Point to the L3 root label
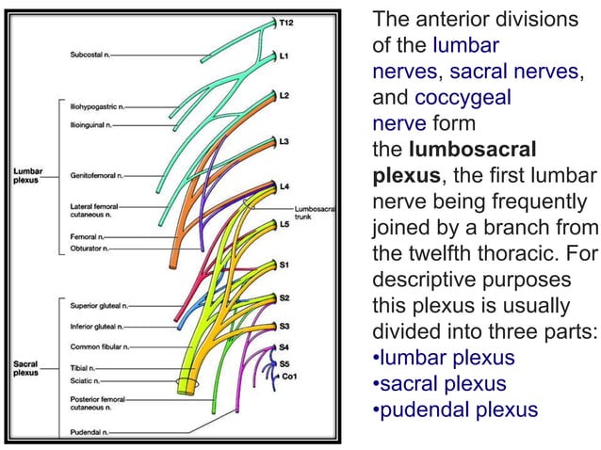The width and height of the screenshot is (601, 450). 284,140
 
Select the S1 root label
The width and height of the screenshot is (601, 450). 284,265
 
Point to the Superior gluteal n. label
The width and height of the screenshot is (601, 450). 99,305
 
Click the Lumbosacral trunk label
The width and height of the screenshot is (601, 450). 313,213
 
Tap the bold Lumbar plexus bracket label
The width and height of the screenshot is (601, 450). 26,175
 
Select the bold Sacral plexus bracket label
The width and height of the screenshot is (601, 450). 25,367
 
